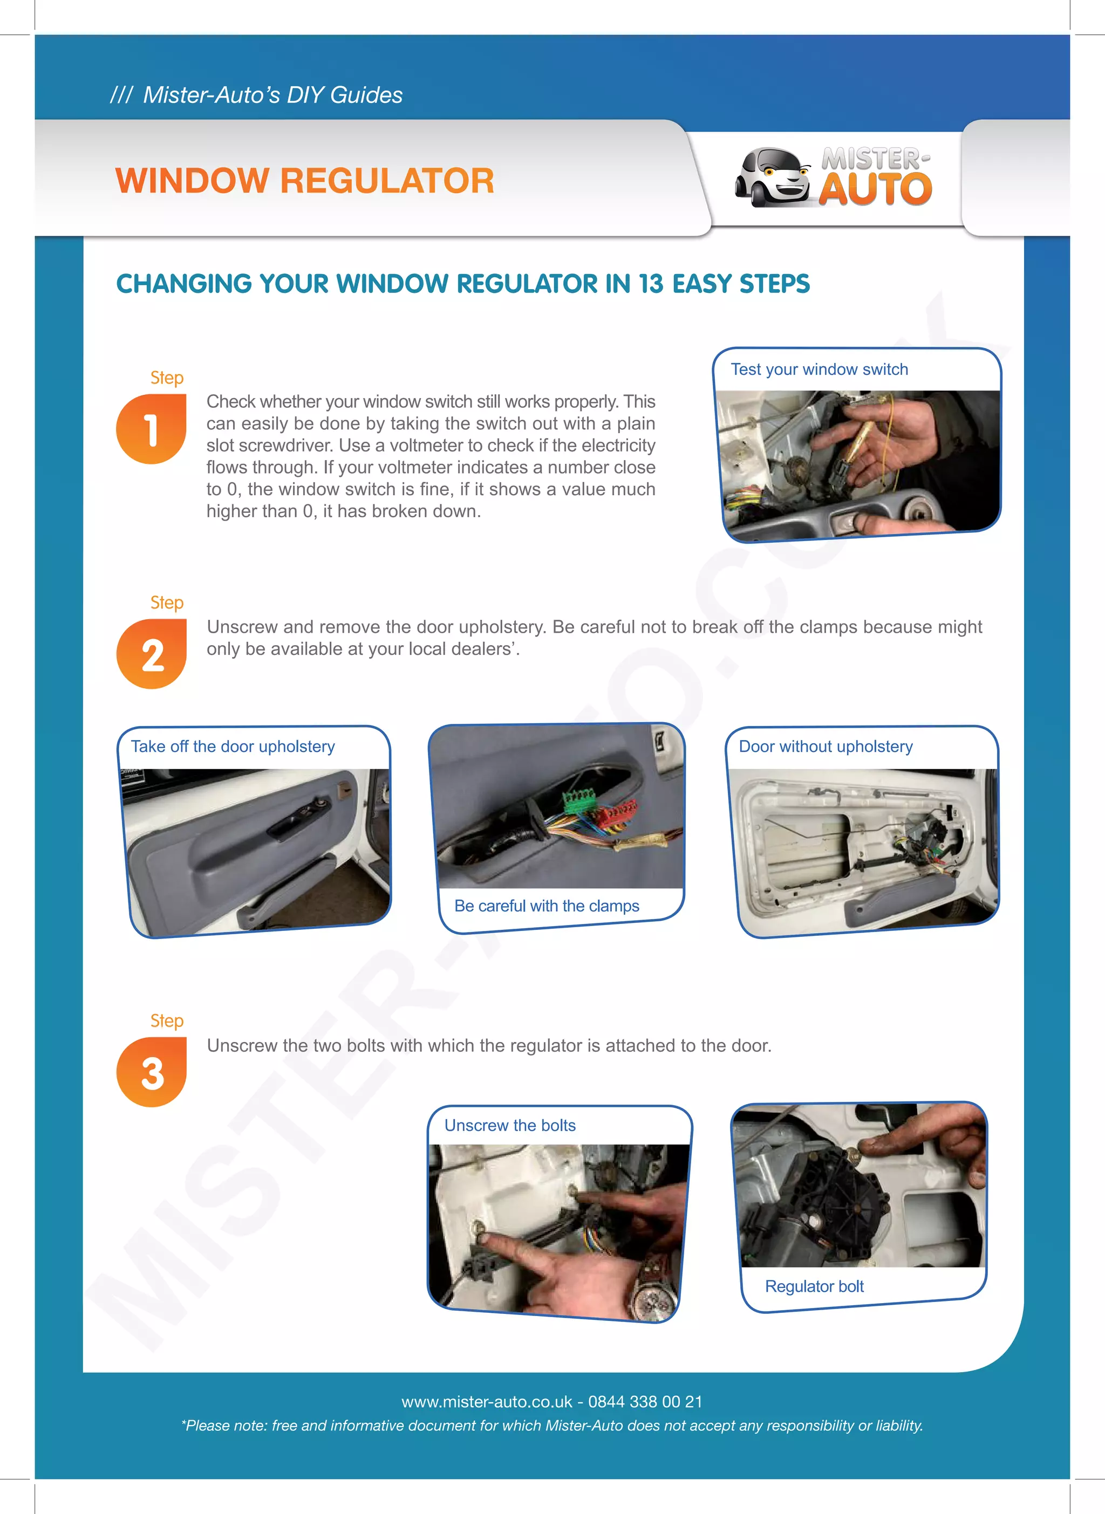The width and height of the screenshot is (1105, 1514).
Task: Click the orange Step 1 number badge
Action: (151, 429)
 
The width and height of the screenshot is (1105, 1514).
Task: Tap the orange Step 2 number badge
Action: (151, 654)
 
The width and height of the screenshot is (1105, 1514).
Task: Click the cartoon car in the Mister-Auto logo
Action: (773, 177)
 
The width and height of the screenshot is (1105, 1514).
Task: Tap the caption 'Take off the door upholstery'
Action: (232, 746)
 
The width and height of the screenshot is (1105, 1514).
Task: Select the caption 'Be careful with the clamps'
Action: (547, 906)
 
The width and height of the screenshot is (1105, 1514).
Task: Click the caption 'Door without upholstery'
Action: (825, 746)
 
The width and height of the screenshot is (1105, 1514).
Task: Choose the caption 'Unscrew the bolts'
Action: (510, 1126)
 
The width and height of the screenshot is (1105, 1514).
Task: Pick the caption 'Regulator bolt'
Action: (814, 1286)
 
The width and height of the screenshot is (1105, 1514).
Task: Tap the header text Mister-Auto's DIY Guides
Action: (272, 95)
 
